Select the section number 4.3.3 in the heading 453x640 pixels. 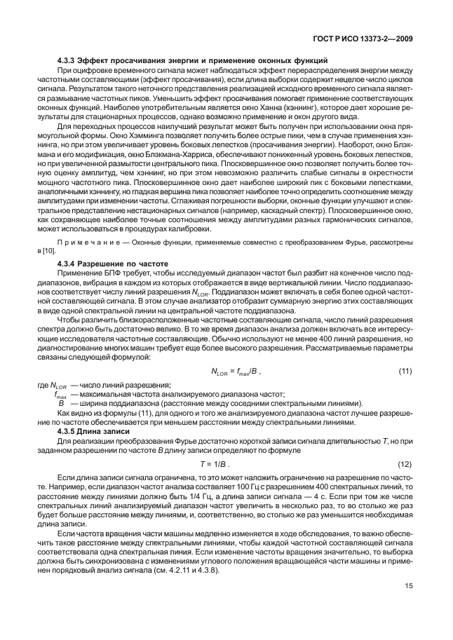click(67, 62)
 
